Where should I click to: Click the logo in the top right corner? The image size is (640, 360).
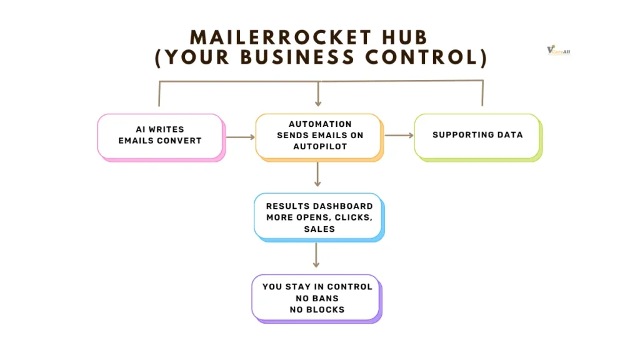click(x=557, y=51)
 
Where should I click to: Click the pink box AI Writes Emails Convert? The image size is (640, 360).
click(x=160, y=136)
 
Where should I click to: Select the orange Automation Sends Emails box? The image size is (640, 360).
click(x=318, y=136)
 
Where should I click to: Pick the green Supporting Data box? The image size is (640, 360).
click(x=477, y=135)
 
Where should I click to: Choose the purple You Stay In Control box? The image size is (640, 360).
click(x=316, y=297)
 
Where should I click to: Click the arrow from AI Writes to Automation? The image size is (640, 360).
click(x=239, y=136)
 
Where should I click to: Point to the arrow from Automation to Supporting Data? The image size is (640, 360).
click(x=398, y=135)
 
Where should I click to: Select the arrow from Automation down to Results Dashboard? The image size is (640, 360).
click(x=318, y=174)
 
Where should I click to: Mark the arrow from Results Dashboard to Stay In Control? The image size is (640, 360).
click(x=317, y=255)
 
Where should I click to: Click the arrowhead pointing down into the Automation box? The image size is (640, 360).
click(x=318, y=102)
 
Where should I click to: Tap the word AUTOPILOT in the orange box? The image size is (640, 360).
click(x=319, y=146)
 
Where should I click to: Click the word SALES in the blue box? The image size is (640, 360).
click(x=319, y=229)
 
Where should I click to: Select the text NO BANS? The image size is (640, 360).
click(x=317, y=298)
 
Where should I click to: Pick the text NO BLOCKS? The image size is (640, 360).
click(x=317, y=309)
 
